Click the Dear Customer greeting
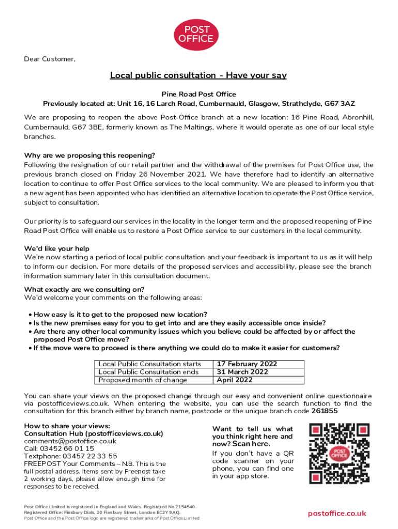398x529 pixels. pyautogui.click(x=50, y=59)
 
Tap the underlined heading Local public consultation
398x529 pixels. pyautogui.click(x=198, y=75)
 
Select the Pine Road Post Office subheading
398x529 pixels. pyautogui.click(x=198, y=94)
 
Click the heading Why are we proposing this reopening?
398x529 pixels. pyautogui.click(x=89, y=155)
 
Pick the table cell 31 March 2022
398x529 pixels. pyautogui.click(x=242, y=372)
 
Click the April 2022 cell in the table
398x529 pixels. pyautogui.click(x=235, y=380)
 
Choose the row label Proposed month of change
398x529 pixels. pyautogui.click(x=143, y=380)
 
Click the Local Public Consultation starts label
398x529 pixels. pyautogui.click(x=149, y=364)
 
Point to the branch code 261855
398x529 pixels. pyautogui.click(x=325, y=411)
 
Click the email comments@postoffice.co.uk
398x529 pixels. pyautogui.click(x=70, y=441)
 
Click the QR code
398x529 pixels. pyautogui.click(x=339, y=453)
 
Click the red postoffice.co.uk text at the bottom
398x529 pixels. pyautogui.click(x=337, y=513)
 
